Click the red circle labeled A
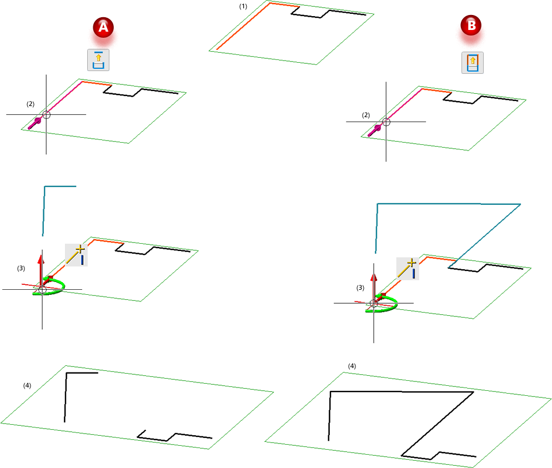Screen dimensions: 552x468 [103, 27]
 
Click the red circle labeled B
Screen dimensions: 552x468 [471, 25]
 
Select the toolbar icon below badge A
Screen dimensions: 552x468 [98, 60]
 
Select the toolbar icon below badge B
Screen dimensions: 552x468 [473, 63]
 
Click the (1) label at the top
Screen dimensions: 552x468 [243, 6]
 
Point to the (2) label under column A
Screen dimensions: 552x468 [31, 104]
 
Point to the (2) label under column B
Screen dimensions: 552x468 [366, 115]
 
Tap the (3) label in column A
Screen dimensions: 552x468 [21, 268]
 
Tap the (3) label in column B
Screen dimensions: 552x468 [360, 288]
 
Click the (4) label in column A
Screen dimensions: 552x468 [27, 385]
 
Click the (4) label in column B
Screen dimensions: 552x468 [352, 366]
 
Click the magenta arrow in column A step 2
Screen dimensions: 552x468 [34, 123]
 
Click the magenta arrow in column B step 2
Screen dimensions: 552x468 [374, 130]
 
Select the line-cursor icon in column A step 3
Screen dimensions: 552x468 [77, 255]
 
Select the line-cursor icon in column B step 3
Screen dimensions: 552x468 [408, 269]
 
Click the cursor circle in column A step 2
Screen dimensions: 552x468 [46, 115]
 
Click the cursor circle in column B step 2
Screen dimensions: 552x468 [386, 122]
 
